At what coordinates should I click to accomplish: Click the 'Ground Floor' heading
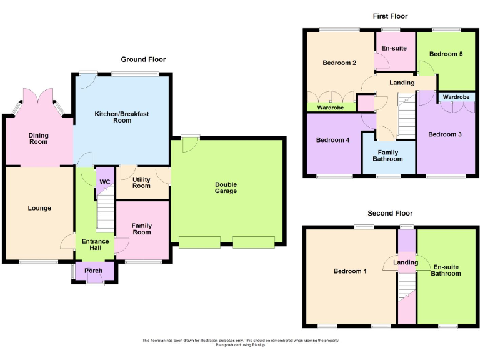(x=143, y=59)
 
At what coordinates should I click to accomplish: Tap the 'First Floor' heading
(x=391, y=16)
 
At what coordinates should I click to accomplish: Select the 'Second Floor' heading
(x=390, y=213)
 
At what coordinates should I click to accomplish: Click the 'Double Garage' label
(x=226, y=187)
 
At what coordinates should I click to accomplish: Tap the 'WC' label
(x=104, y=182)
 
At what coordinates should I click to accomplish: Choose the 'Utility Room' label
(x=141, y=182)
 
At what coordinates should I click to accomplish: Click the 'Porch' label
(x=94, y=271)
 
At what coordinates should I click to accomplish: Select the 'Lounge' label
(x=39, y=208)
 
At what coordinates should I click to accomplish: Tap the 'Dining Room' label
(x=38, y=138)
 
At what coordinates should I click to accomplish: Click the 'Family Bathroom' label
(x=388, y=155)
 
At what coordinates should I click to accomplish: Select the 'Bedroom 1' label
(x=351, y=271)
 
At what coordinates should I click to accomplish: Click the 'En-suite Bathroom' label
(x=446, y=270)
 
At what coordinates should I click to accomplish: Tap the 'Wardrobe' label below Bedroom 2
(x=331, y=107)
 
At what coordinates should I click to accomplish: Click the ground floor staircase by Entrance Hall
(x=106, y=212)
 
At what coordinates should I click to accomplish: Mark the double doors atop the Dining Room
(x=38, y=97)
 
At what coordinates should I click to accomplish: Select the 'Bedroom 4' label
(x=332, y=140)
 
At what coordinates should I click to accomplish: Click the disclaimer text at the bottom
(x=241, y=342)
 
